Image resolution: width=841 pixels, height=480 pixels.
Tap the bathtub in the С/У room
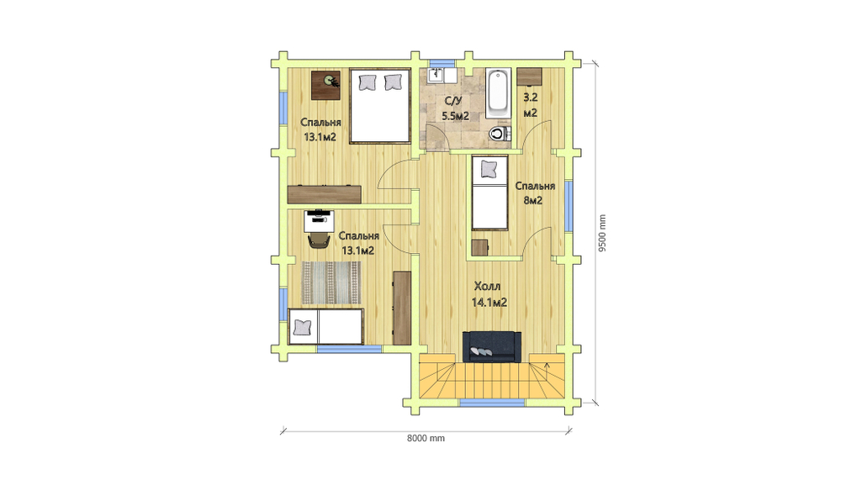pyautogui.click(x=499, y=93)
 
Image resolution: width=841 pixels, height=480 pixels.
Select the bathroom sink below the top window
pyautogui.click(x=436, y=75)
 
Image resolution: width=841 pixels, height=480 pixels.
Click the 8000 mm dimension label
pyautogui.click(x=426, y=438)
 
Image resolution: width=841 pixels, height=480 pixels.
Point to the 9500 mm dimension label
pyautogui.click(x=602, y=234)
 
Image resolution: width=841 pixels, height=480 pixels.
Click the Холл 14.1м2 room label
pyautogui.click(x=489, y=294)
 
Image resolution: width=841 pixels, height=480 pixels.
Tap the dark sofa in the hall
pyautogui.click(x=492, y=347)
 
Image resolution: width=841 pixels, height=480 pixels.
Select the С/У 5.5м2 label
pyautogui.click(x=455, y=108)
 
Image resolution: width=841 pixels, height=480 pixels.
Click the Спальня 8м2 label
pyautogui.click(x=535, y=193)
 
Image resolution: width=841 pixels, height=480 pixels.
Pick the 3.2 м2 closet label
pyautogui.click(x=531, y=105)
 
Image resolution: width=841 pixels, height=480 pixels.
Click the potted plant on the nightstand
pyautogui.click(x=331, y=81)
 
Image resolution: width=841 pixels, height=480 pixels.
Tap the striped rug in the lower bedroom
pyautogui.click(x=331, y=282)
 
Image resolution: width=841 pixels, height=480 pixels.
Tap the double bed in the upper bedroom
pyautogui.click(x=380, y=106)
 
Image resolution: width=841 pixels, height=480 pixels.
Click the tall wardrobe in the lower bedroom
pyautogui.click(x=402, y=308)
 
